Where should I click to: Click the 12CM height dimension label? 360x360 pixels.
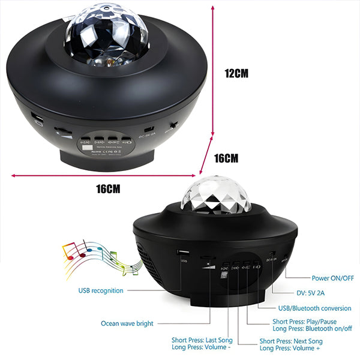(x=236, y=74)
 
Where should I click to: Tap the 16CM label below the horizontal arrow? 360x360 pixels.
(x=109, y=188)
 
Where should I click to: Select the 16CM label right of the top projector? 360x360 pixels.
(x=226, y=158)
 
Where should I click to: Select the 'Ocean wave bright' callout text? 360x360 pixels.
(x=127, y=323)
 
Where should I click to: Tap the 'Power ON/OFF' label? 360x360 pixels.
(x=332, y=278)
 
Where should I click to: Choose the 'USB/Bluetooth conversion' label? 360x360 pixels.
(x=312, y=308)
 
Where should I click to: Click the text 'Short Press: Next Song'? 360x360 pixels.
(x=290, y=341)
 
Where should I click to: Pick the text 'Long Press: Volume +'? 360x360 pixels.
(x=290, y=349)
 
